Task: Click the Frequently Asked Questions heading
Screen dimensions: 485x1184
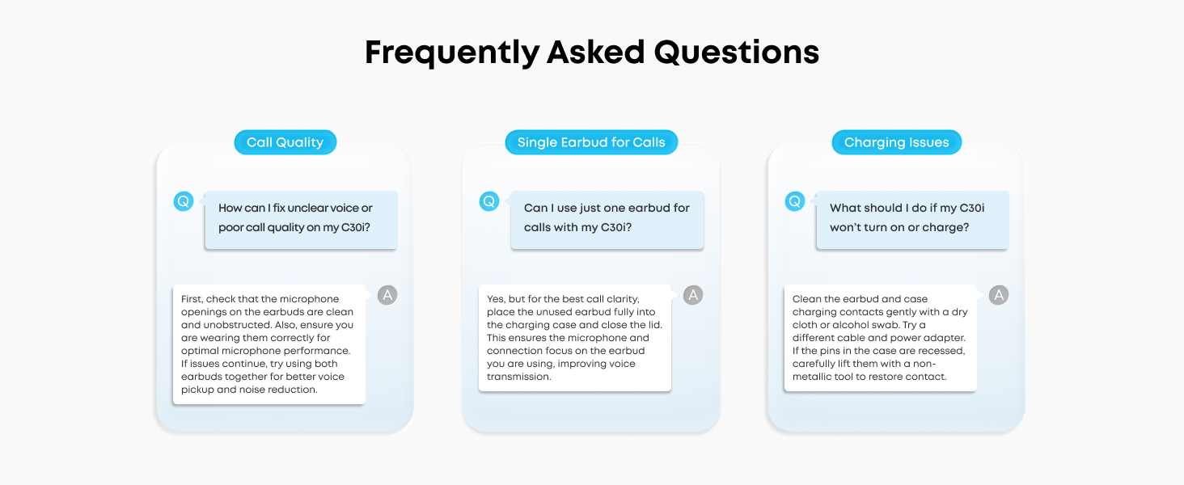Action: click(x=592, y=53)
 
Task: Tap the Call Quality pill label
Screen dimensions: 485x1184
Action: click(x=285, y=142)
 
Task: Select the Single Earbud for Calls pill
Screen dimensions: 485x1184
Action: click(x=591, y=142)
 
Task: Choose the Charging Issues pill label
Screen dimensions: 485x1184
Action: click(x=896, y=142)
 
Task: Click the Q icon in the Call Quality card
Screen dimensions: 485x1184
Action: click(x=184, y=201)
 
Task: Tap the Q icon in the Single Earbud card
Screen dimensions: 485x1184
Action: click(x=489, y=201)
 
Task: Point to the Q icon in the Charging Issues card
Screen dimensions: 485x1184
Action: click(x=795, y=201)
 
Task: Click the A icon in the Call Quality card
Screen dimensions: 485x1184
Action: click(x=387, y=295)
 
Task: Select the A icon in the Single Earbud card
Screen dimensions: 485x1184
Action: click(x=693, y=295)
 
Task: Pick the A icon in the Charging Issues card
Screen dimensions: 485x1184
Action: click(x=999, y=295)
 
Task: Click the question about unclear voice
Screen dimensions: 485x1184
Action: click(x=301, y=218)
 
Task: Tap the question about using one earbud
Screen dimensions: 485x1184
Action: click(x=607, y=218)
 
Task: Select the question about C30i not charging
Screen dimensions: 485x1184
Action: click(x=911, y=218)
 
